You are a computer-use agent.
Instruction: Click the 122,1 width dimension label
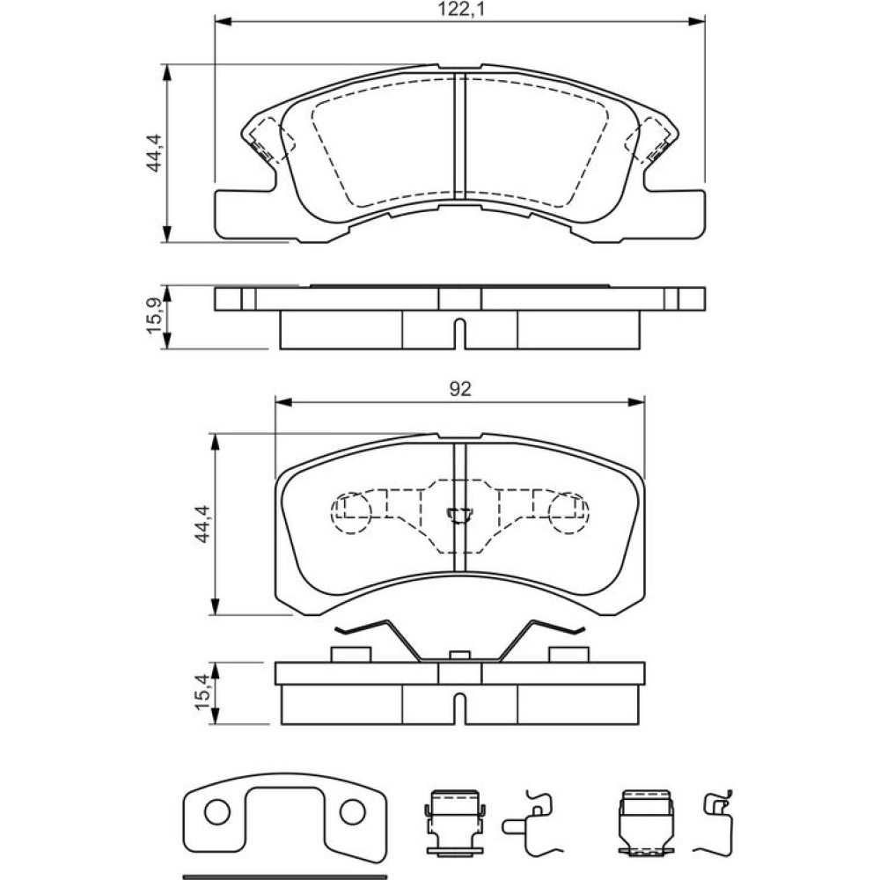[x=459, y=9]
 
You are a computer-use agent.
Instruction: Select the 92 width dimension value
[x=459, y=389]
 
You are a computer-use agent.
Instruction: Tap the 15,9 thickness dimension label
[x=155, y=317]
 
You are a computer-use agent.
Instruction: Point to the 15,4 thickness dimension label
[x=204, y=692]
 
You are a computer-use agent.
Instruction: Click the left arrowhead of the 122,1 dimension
[x=223, y=21]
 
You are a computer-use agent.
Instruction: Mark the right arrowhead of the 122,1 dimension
[x=696, y=21]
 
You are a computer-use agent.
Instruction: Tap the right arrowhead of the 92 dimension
[x=636, y=402]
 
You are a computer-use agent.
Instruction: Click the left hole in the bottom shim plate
[x=217, y=812]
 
